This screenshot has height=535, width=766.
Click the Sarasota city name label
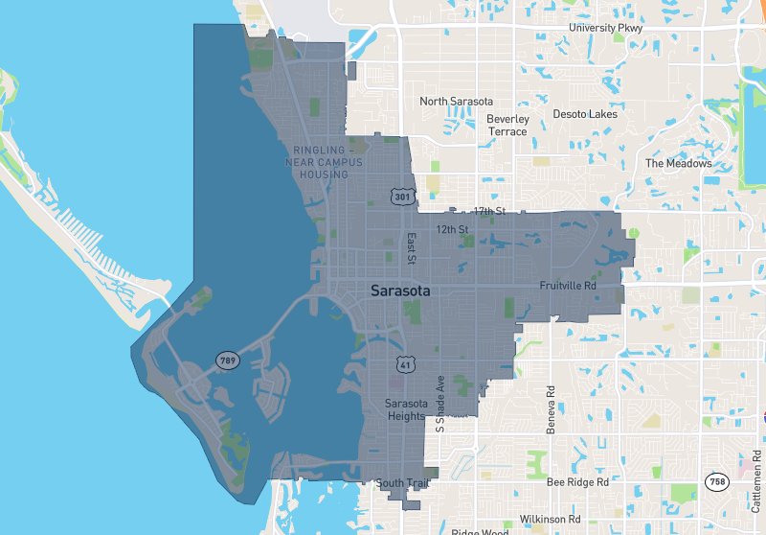tap(400, 291)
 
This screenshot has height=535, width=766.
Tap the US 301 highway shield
tap(402, 197)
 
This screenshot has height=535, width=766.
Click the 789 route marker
tap(227, 361)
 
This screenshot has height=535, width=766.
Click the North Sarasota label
tap(456, 102)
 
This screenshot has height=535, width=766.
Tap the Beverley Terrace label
tap(507, 126)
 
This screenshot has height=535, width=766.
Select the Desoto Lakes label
tap(585, 114)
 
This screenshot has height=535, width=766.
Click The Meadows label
tap(678, 163)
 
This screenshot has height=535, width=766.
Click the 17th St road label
tap(488, 211)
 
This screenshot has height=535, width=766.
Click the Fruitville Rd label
tap(568, 286)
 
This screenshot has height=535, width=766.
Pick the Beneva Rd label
tap(552, 409)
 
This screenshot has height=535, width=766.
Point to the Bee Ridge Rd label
tap(577, 483)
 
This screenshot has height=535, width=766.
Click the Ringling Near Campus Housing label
tap(324, 163)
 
